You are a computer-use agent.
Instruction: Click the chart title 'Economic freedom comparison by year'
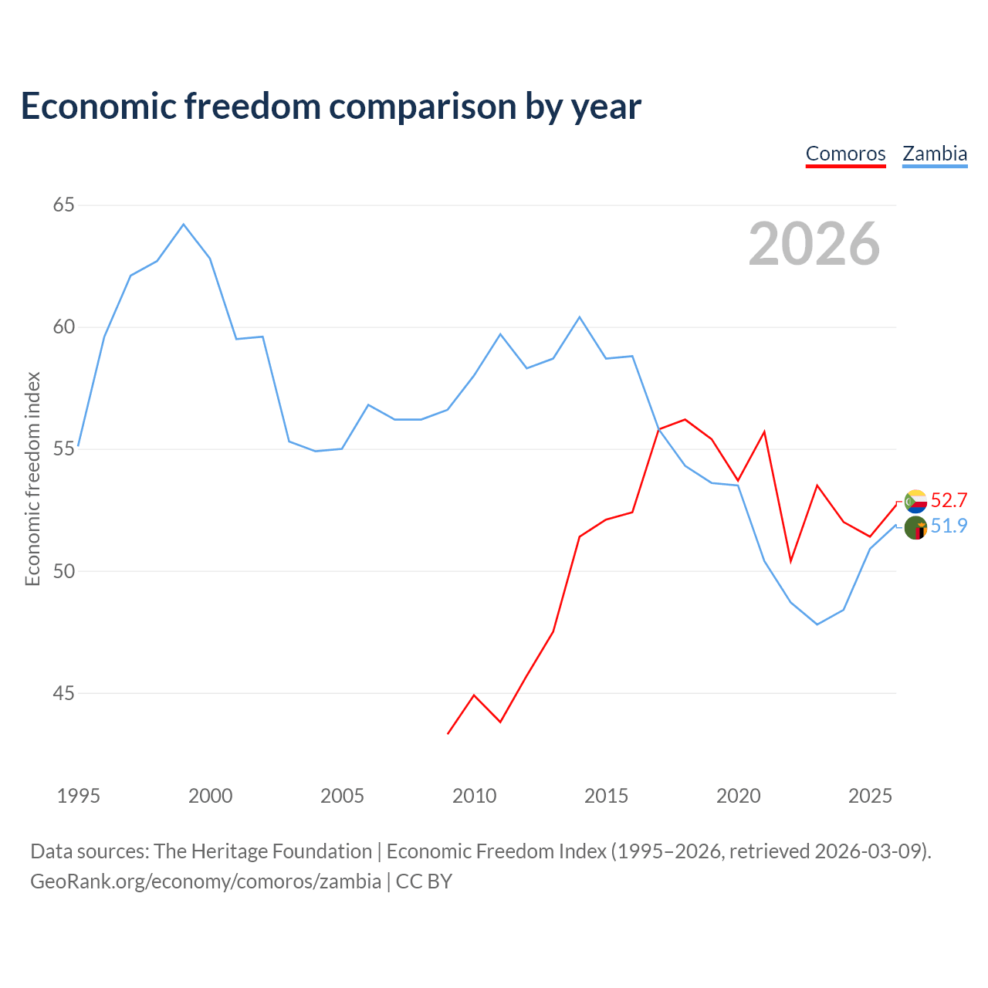pos(331,107)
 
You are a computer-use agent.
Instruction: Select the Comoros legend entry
pos(845,154)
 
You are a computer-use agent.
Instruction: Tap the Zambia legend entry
pos(935,154)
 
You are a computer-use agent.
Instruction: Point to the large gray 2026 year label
pos(814,244)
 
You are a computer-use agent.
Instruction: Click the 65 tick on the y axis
pos(64,205)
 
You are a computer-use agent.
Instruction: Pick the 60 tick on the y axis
pos(64,327)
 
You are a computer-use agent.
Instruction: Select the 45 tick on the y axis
pos(64,693)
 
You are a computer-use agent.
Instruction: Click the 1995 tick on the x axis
pos(79,796)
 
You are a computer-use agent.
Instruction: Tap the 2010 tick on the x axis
pos(474,796)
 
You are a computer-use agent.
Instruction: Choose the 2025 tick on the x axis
pos(870,796)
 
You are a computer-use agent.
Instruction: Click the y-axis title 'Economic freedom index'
pos(32,479)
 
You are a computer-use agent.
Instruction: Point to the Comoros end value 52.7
pos(949,500)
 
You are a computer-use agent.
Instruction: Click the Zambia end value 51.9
pos(949,526)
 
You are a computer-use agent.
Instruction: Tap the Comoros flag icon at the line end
pos(915,502)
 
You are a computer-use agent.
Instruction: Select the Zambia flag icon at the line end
pos(915,529)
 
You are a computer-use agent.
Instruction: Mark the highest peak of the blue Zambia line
pos(183,225)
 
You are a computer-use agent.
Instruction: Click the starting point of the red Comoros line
pos(448,733)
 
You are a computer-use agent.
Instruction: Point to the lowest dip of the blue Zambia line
pos(817,624)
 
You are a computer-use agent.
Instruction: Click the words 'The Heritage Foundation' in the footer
pos(262,851)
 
